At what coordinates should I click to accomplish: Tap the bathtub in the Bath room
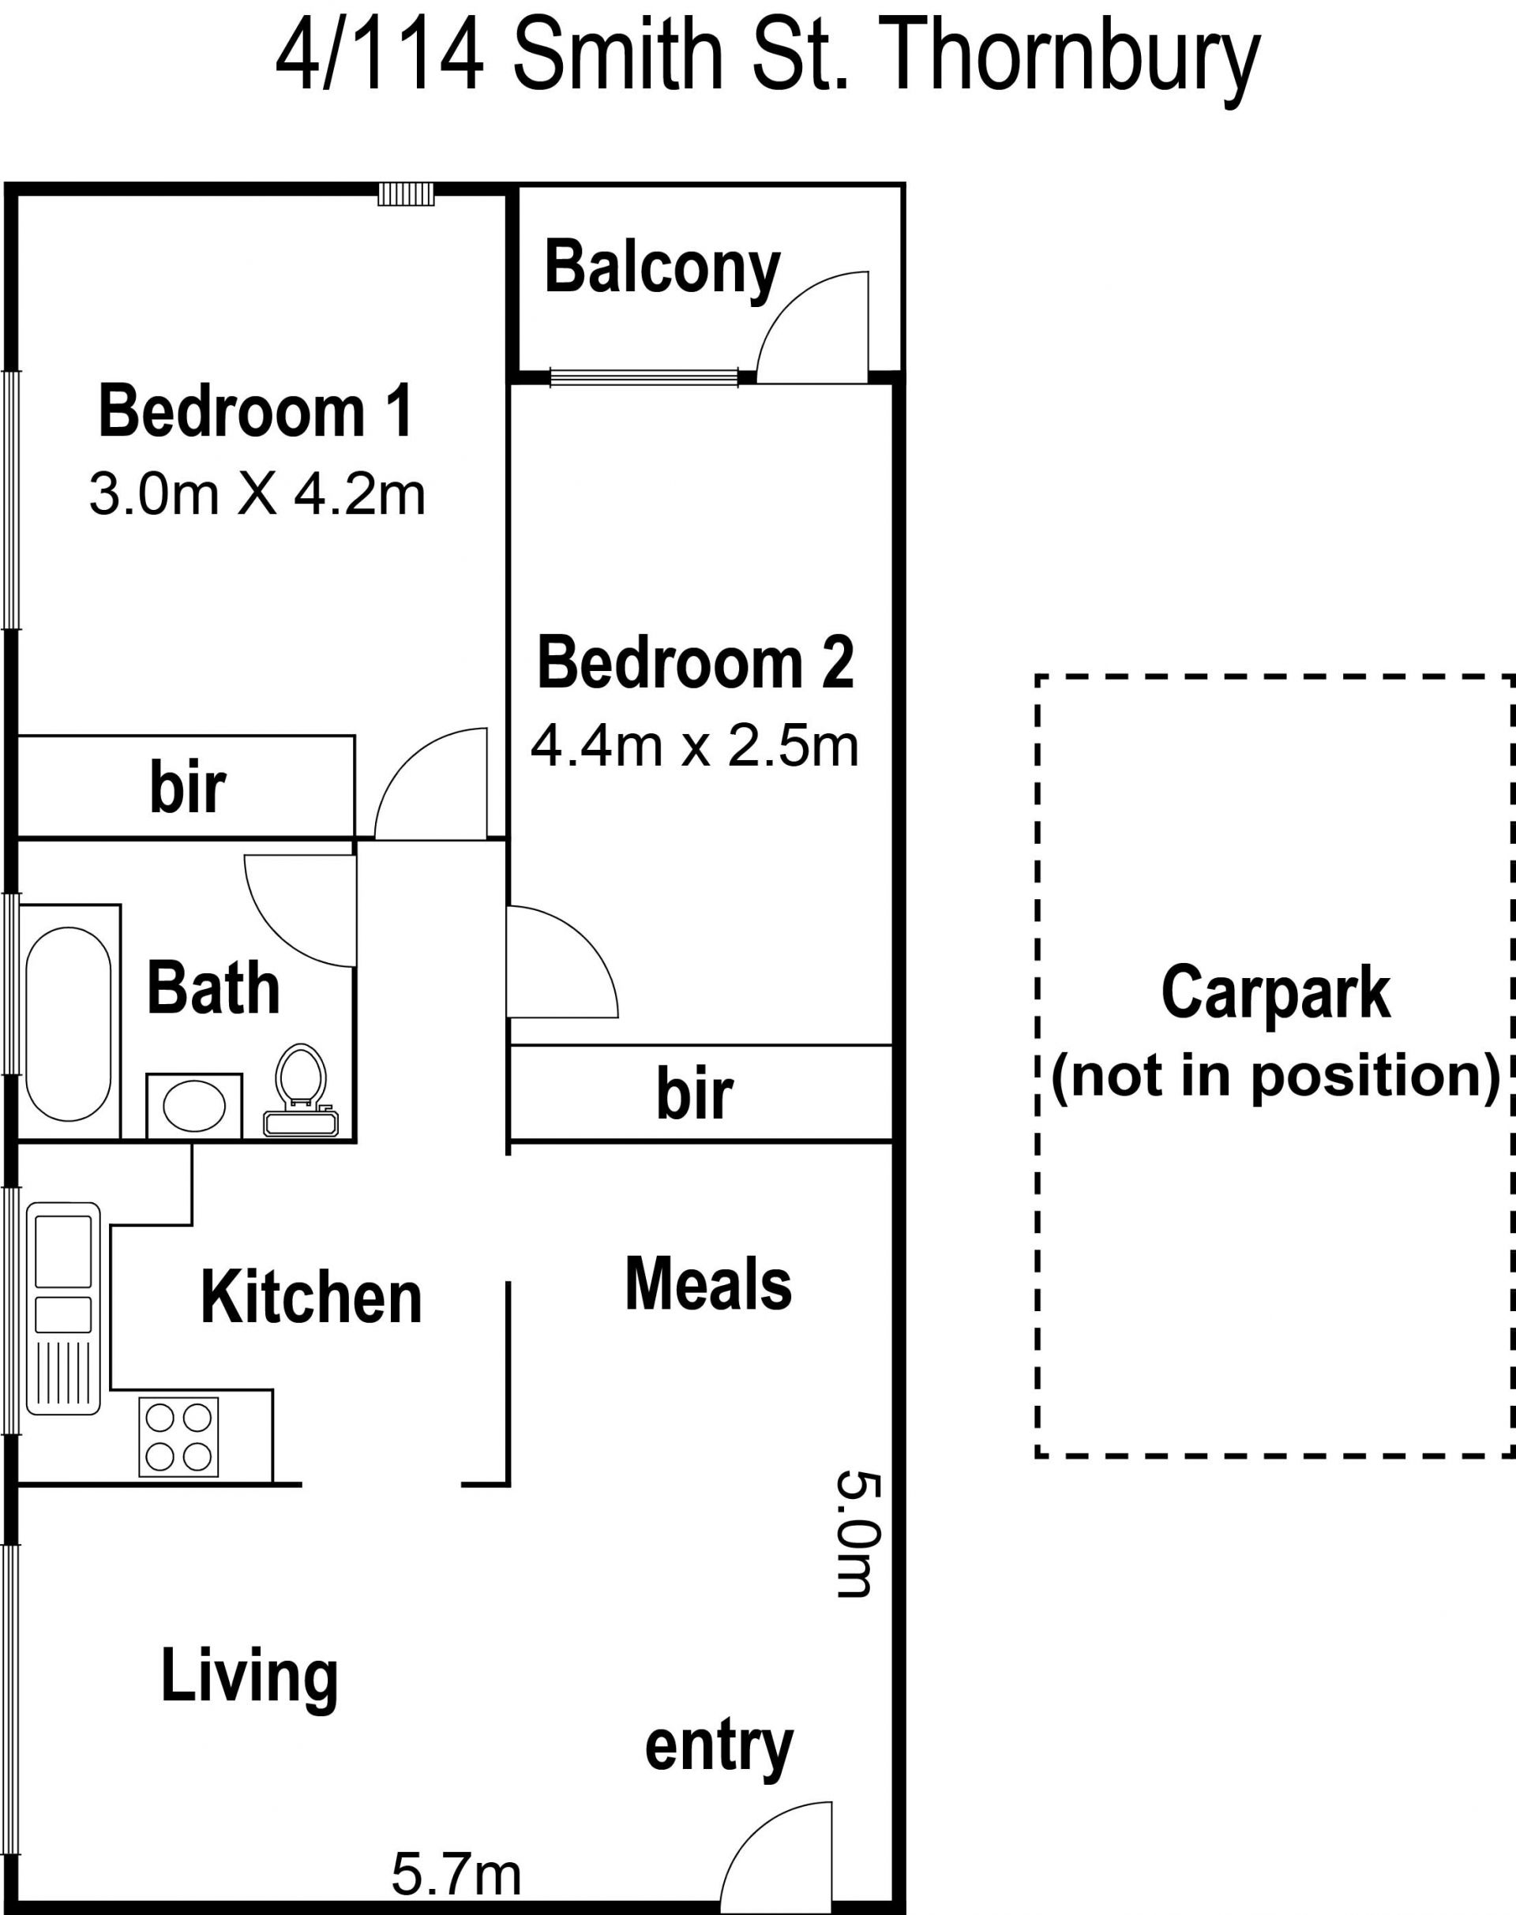pyautogui.click(x=69, y=1024)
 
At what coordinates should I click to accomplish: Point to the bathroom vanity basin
pyautogui.click(x=194, y=1106)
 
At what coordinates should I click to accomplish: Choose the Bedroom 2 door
pyautogui.click(x=562, y=962)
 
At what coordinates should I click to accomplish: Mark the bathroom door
pyautogui.click(x=300, y=910)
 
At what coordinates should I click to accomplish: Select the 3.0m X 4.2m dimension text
pyautogui.click(x=257, y=494)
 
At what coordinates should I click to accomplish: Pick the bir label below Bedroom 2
pyautogui.click(x=695, y=1094)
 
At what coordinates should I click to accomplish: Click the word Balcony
pyautogui.click(x=663, y=269)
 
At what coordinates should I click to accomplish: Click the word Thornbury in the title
pyautogui.click(x=1073, y=60)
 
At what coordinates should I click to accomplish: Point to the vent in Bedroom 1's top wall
pyautogui.click(x=406, y=193)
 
